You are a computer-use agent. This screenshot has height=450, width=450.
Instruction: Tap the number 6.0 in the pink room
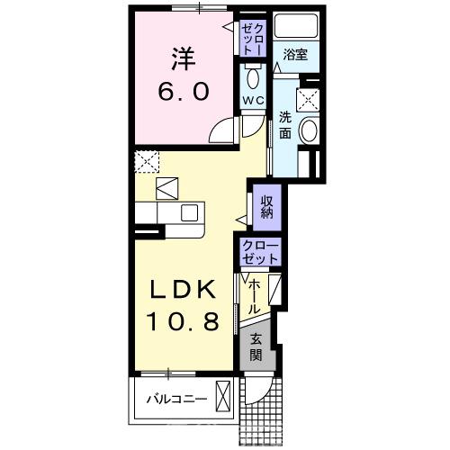[184, 92]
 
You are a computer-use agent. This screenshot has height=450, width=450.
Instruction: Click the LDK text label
[183, 289]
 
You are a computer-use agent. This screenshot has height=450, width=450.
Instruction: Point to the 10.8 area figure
[183, 320]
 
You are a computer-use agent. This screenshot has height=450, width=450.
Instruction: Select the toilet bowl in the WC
[253, 78]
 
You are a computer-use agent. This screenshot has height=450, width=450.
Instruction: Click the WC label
[253, 101]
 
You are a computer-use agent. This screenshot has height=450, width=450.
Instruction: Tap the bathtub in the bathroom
[296, 26]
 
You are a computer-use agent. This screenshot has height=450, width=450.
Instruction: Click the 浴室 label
[295, 55]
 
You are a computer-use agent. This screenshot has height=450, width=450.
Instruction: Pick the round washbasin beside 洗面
[310, 130]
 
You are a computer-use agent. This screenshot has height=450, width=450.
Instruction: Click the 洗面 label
[285, 124]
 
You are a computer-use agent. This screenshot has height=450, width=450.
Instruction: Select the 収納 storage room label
[266, 207]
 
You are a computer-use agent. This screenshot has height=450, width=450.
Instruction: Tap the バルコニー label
[176, 399]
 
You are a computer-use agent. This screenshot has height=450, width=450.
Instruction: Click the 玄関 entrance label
[256, 347]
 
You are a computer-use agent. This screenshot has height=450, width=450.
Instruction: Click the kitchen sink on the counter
[189, 212]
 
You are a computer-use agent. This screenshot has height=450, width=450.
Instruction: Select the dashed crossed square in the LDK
[147, 162]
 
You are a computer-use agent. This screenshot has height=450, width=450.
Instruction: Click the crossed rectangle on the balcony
[223, 396]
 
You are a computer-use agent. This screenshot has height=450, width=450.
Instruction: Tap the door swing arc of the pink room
[220, 130]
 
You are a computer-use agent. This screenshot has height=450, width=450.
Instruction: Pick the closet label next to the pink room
[253, 39]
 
